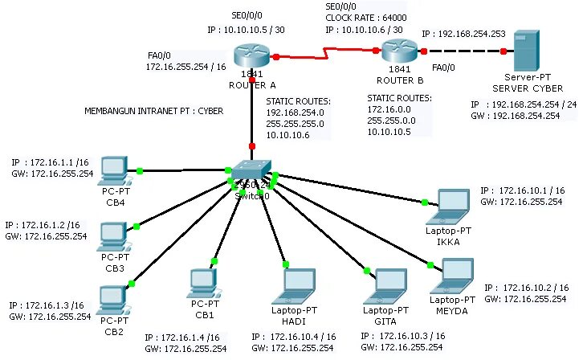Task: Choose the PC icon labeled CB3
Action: (x=112, y=235)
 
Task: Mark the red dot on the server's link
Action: (x=503, y=51)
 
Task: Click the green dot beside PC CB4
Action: (x=140, y=170)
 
